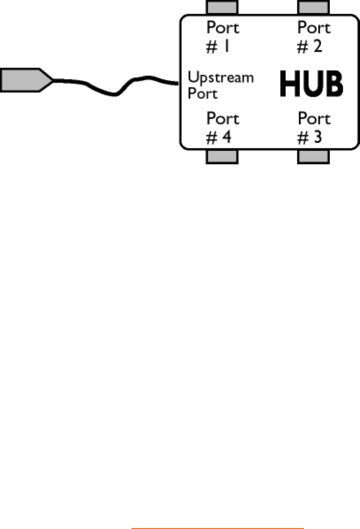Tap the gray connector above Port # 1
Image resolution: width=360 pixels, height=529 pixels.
click(x=223, y=7)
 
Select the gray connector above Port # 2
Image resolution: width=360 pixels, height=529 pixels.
click(x=313, y=7)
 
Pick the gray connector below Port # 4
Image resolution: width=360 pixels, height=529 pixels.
click(x=223, y=156)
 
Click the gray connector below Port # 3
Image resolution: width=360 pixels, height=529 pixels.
click(x=313, y=156)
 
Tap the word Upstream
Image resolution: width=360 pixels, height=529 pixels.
click(x=221, y=78)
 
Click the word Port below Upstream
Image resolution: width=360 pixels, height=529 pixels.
click(x=203, y=94)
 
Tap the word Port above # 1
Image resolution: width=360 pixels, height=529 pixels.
click(x=223, y=28)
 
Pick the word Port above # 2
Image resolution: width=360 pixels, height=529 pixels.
click(x=314, y=28)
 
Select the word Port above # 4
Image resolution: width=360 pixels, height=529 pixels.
click(x=223, y=119)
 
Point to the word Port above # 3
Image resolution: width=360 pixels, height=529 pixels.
click(x=314, y=119)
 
